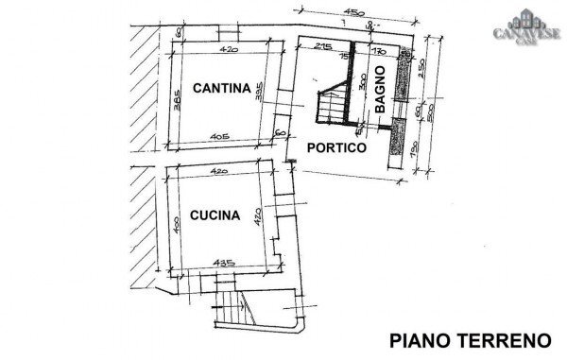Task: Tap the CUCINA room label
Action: [x=215, y=214]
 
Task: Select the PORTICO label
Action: [x=336, y=147]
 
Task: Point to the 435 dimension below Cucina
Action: [x=223, y=260]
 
